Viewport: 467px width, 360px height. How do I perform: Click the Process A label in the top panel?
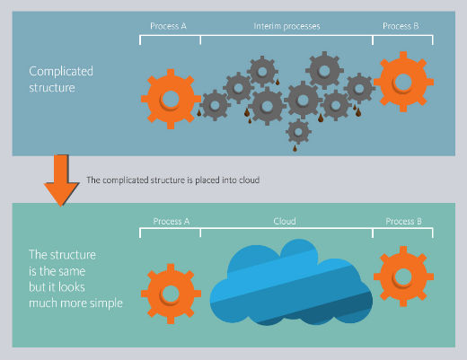tap(168, 26)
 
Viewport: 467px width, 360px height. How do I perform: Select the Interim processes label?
tap(286, 26)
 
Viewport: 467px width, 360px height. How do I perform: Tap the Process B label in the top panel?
tap(401, 26)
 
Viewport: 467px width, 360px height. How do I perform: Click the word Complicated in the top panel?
tap(61, 72)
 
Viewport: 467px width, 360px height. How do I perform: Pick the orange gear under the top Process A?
tap(171, 99)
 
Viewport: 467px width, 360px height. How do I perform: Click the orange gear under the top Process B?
tap(403, 82)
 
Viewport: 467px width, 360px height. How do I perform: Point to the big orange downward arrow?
tap(61, 180)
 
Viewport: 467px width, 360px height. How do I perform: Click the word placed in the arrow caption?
tap(207, 180)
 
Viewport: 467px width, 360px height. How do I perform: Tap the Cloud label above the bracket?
tap(285, 221)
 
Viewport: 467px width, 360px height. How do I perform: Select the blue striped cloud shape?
tap(291, 283)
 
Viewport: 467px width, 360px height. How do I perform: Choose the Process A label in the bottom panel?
tap(172, 221)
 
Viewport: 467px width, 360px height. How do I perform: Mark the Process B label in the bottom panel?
tap(403, 221)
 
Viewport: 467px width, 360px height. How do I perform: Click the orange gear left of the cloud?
tap(171, 294)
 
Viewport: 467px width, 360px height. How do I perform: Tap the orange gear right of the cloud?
tap(403, 277)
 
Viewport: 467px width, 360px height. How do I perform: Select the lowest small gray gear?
tap(298, 132)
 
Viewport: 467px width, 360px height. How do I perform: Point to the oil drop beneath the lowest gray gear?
tap(295, 148)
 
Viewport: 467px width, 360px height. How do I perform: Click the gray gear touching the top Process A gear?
tap(215, 105)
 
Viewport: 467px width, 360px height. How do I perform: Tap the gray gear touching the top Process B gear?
tap(359, 89)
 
